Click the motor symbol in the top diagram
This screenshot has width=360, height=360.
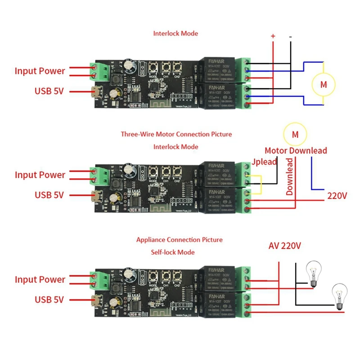click(x=324, y=84)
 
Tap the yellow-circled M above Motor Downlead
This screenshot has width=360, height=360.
click(x=295, y=135)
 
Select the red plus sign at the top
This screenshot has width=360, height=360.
click(x=272, y=36)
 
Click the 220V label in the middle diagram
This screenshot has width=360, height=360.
click(x=337, y=196)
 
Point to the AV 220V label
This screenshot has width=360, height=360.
click(x=284, y=246)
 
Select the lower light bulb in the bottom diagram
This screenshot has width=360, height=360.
click(x=339, y=296)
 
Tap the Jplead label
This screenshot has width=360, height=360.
click(x=264, y=162)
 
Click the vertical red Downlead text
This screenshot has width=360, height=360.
click(x=290, y=177)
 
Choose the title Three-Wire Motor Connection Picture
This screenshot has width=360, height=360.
click(x=176, y=134)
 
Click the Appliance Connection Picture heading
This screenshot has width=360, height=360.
click(x=179, y=240)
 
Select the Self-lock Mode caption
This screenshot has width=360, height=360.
click(x=173, y=252)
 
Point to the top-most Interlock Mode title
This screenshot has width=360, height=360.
click(x=175, y=33)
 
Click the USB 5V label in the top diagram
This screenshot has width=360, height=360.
click(x=49, y=91)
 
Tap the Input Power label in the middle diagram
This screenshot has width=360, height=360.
click(x=40, y=175)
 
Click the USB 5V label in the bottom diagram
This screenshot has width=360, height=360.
click(x=49, y=300)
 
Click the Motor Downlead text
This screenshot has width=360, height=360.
click(x=296, y=151)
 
